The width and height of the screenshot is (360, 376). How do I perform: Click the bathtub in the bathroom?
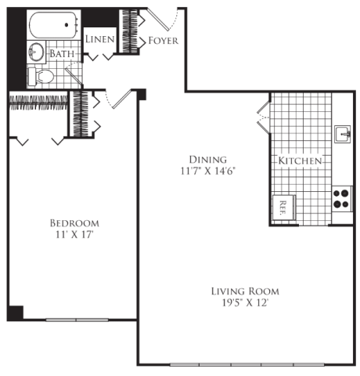54,25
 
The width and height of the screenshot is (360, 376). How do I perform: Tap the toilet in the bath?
41,77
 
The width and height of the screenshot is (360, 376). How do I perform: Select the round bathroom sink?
36,52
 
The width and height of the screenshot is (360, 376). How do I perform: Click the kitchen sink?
343,134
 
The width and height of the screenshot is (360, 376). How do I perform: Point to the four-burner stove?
342,199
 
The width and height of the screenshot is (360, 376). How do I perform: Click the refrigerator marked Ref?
283,208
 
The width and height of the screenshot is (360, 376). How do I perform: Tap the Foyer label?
164,41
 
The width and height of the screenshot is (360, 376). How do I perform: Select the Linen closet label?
100,39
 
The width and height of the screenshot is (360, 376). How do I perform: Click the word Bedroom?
74,223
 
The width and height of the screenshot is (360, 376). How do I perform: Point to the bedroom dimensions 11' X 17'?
74,235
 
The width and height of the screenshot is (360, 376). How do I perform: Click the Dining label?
208,160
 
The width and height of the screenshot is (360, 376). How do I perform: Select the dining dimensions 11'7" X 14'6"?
208,171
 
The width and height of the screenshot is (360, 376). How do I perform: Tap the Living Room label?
245,291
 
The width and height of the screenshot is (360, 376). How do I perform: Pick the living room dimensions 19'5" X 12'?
245,303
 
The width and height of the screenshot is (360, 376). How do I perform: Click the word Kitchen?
300,161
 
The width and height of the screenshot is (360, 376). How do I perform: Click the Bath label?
62,54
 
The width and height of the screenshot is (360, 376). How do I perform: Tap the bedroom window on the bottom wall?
77,320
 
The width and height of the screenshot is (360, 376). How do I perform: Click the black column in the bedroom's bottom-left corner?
15,313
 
